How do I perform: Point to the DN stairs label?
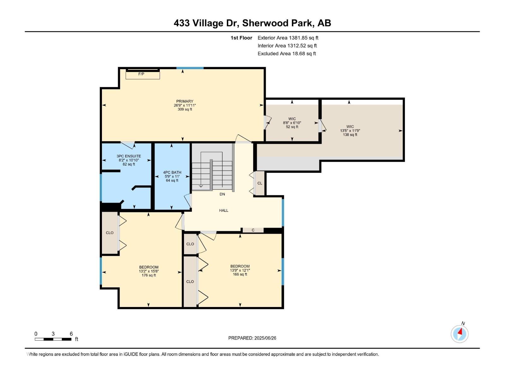[x=222, y=194]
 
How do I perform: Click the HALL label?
[x=223, y=210]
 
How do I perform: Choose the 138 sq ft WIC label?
[x=350, y=130]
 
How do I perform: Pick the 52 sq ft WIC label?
[x=292, y=123]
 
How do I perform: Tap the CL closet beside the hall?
[x=260, y=183]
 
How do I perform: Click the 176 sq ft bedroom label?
[x=149, y=271]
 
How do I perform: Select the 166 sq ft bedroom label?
[x=240, y=270]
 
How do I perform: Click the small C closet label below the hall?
[x=253, y=230]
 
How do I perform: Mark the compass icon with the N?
[x=460, y=334]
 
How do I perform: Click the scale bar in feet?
[x=53, y=339]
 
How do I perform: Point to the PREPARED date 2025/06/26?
[x=252, y=338]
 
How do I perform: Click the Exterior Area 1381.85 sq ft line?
[x=288, y=38]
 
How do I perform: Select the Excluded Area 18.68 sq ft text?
[x=287, y=53]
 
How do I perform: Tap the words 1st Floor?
[x=241, y=38]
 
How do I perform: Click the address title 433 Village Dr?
[x=252, y=23]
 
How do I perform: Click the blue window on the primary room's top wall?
[x=190, y=68]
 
